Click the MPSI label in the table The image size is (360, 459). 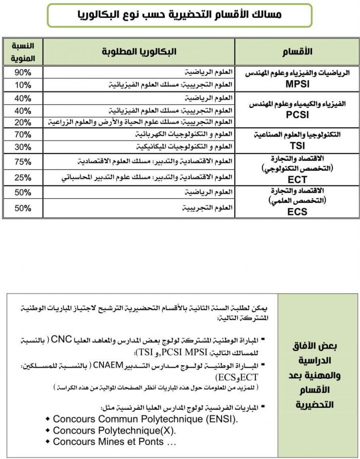(297, 84)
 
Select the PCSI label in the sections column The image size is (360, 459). (297, 114)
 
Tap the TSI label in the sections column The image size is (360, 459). (297, 146)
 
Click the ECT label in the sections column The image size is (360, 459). (297, 179)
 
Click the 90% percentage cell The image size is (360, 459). (22, 72)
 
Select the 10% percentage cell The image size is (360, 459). (22, 84)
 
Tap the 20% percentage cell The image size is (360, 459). (22, 122)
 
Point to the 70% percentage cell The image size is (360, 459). (22, 134)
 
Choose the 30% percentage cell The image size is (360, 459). (22, 146)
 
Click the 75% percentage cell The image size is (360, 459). (22, 161)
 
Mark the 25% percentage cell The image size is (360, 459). (22, 177)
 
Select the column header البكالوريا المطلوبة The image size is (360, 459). (139, 52)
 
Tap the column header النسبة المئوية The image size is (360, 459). (22, 52)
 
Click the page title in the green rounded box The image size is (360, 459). (180, 15)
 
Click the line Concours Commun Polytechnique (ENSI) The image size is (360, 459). (145, 419)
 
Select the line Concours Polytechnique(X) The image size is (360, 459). (114, 430)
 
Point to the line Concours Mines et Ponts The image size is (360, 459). (114, 442)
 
